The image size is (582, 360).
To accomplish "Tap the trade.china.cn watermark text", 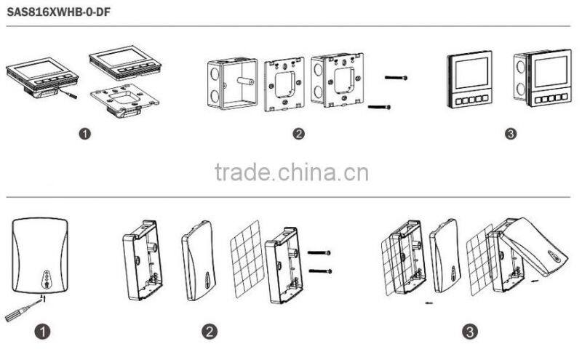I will coord(292,172).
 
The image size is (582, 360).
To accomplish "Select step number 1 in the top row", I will coord(85,134).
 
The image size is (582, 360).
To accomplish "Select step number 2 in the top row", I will coord(298,134).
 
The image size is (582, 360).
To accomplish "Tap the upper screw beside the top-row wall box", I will coord(394,77).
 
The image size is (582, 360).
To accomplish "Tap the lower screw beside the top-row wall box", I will coord(382,108).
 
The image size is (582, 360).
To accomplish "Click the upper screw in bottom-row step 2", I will coord(321,253).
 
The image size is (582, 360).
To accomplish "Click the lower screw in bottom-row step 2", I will coord(321,271).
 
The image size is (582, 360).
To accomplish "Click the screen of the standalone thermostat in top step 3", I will coord(469,73).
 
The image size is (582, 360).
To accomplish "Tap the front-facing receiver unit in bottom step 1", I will coord(43,255).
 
